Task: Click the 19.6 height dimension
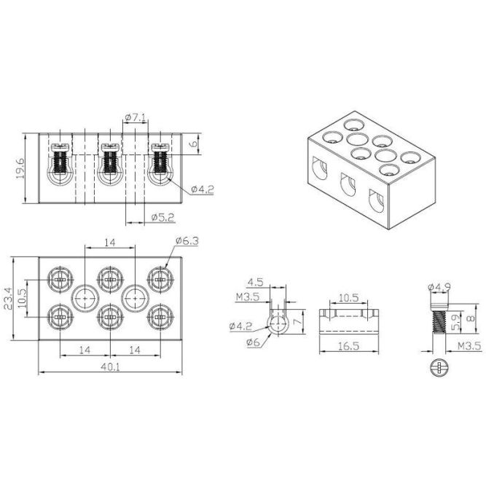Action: [20, 168]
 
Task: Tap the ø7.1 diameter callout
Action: [135, 117]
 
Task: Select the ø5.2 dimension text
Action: [163, 217]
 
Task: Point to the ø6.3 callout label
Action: [187, 240]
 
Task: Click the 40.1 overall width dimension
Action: [110, 367]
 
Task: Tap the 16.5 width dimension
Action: [349, 346]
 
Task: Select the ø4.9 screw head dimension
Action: [439, 287]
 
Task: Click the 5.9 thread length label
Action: [455, 322]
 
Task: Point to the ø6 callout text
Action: [253, 342]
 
